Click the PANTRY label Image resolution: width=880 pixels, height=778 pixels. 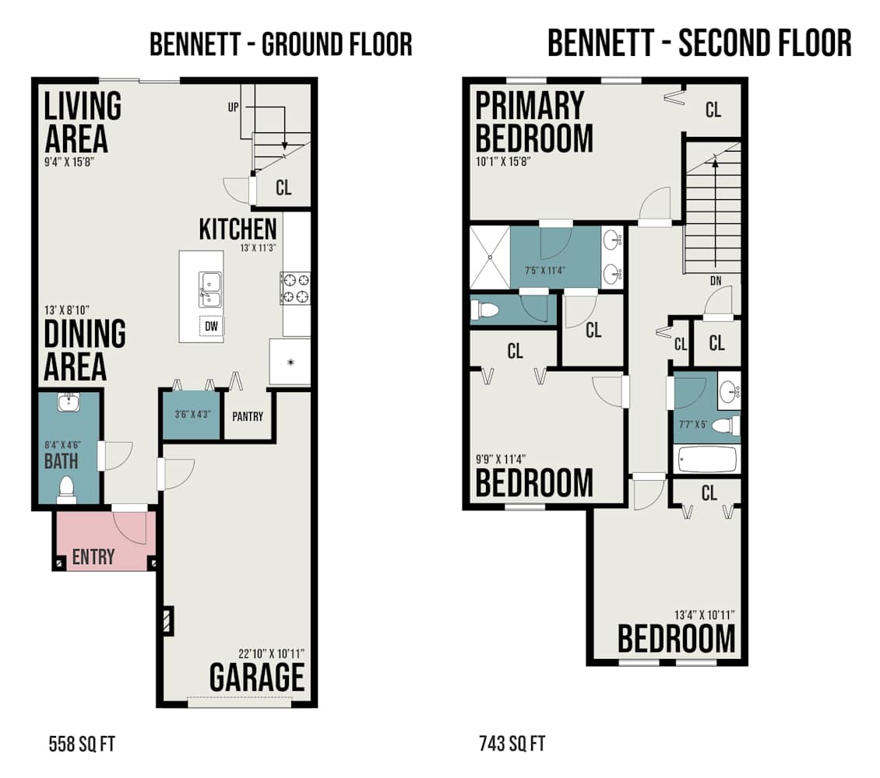(248, 416)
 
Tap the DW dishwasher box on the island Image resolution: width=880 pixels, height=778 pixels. (211, 326)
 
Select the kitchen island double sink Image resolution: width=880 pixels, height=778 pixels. (210, 289)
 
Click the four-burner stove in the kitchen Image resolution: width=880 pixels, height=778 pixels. (295, 288)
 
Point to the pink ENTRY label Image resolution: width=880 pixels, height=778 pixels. (93, 556)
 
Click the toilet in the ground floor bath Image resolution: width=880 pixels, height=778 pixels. (67, 489)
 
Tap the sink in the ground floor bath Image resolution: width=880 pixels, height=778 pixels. (69, 402)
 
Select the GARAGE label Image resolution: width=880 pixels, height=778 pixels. (257, 677)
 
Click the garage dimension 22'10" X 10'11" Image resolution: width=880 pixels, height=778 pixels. (271, 654)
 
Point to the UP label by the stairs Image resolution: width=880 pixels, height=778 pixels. (233, 107)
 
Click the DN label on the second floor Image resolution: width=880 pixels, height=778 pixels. (716, 281)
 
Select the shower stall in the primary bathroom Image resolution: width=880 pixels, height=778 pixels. (490, 258)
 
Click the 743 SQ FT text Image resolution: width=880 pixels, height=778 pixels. (512, 744)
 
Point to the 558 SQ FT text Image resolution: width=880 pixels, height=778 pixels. (82, 745)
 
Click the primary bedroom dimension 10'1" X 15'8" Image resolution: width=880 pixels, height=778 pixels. (503, 162)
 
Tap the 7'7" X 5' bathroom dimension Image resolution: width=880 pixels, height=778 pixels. (692, 424)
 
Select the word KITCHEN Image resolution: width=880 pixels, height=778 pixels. (238, 230)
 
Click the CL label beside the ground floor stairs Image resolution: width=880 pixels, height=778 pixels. (283, 187)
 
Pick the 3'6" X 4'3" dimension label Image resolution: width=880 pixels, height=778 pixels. (192, 415)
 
